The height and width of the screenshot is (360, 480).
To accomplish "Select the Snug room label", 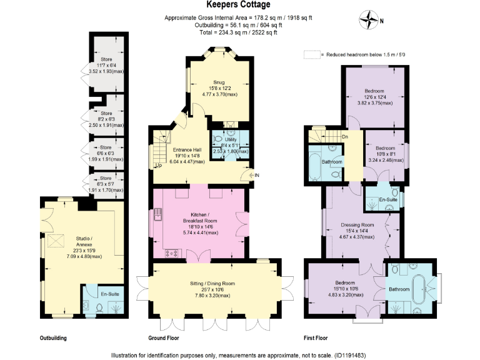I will (219, 82).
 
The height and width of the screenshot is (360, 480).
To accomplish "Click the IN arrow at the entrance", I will (255, 176).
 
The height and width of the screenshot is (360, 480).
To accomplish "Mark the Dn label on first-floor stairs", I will (344, 137).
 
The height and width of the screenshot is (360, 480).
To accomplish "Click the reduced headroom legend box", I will (311, 55).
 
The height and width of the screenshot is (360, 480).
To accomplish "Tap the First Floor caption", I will (316, 338).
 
